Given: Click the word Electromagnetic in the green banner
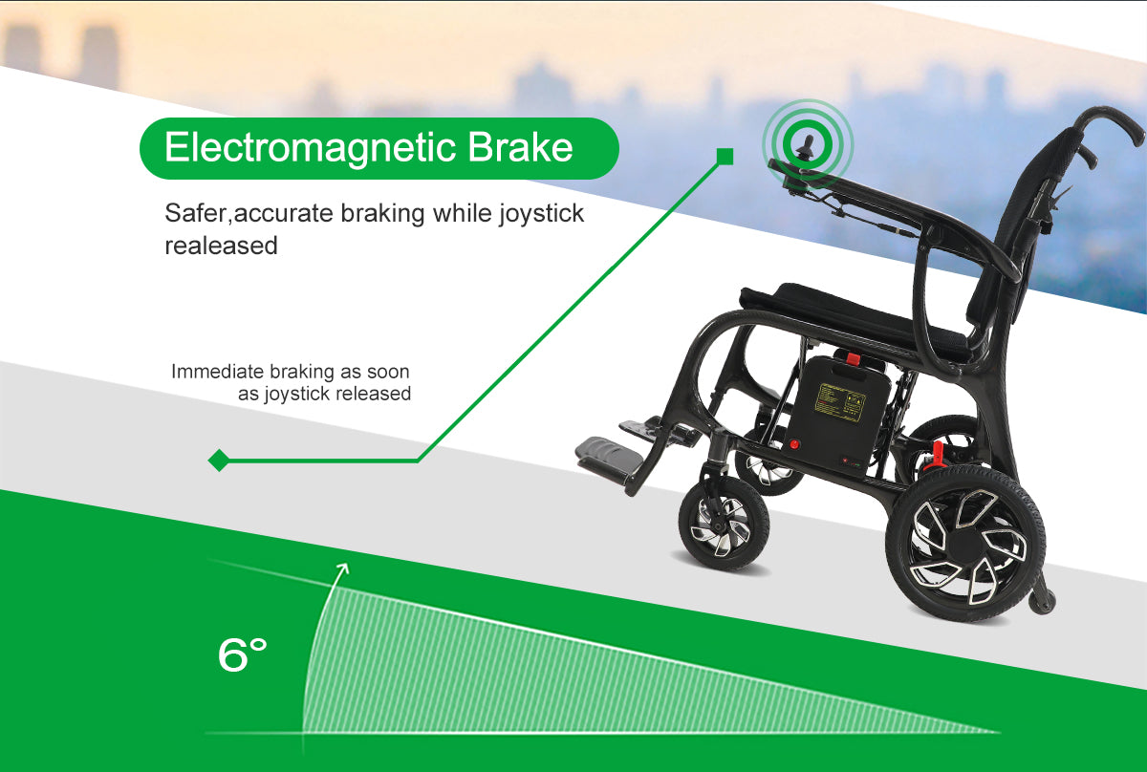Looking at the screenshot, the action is [310, 148].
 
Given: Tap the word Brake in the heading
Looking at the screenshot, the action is [520, 147].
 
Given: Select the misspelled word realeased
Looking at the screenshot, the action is [221, 246].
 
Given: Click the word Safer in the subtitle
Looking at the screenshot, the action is [196, 212].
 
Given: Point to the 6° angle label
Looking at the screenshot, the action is [242, 654].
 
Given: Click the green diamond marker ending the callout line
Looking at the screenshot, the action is [219, 461].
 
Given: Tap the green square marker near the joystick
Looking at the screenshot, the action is [725, 157].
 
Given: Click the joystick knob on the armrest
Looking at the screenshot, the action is [807, 145].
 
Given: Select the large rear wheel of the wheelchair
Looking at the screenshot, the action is [965, 544].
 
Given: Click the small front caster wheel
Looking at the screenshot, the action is [724, 523].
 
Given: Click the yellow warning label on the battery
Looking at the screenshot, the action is [840, 402].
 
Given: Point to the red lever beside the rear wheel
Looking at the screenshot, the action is [936, 456].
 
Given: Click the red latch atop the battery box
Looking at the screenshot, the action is [852, 358].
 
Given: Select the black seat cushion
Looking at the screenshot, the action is [855, 317].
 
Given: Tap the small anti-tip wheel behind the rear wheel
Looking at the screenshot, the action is [1042, 601].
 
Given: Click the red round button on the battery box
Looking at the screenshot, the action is [793, 444].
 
